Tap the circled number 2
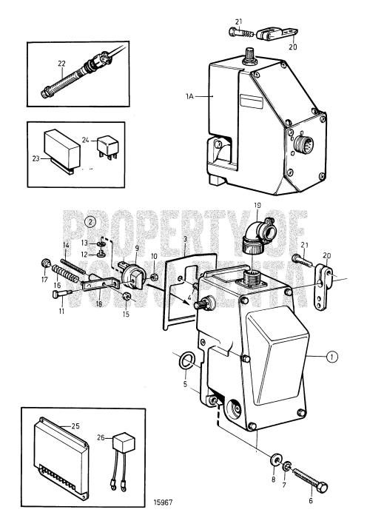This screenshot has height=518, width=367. click(x=90, y=221)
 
